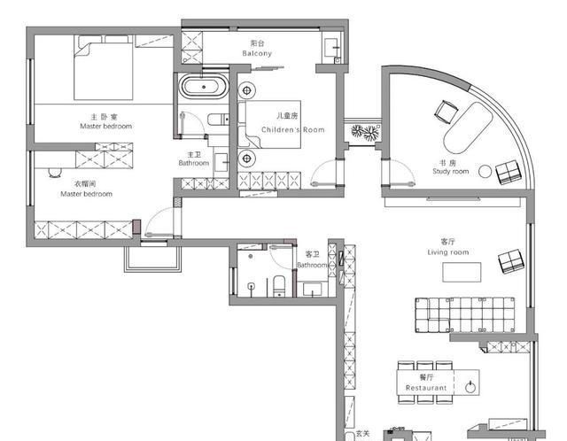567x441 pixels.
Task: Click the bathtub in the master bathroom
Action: tap(204, 87)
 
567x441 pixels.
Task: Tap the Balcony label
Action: tap(257, 53)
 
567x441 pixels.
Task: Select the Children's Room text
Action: tap(293, 130)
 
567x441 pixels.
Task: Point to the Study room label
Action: tap(451, 171)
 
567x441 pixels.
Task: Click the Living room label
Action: tap(448, 252)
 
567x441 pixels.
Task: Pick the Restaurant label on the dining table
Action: tap(426, 388)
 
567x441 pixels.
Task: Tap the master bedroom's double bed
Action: tap(104, 67)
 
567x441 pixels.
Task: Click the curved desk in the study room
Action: tap(469, 128)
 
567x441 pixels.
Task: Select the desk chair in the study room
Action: tap(447, 112)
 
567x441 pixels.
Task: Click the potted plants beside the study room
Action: tap(366, 132)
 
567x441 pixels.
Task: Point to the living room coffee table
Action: tap(462, 272)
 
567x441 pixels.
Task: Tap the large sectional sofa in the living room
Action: tap(465, 315)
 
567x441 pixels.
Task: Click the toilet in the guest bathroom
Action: tap(279, 286)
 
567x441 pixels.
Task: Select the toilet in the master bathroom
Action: tap(218, 120)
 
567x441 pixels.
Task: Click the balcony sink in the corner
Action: tap(331, 48)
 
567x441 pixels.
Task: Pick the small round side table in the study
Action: tap(485, 172)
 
